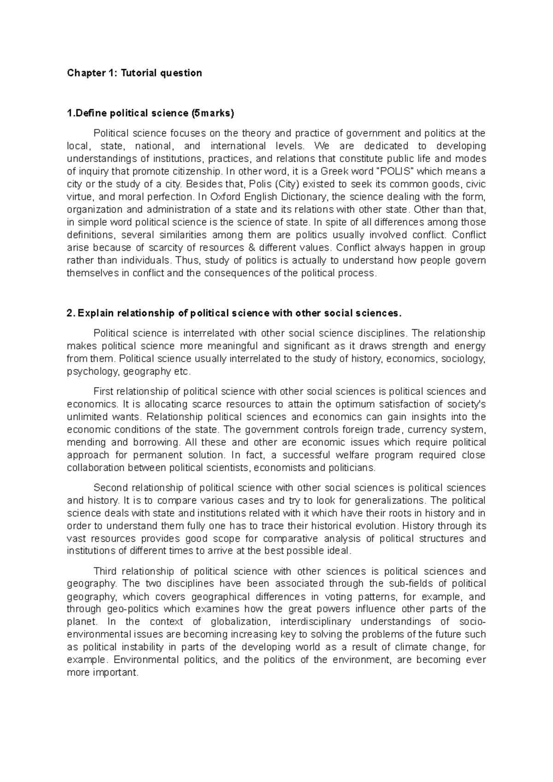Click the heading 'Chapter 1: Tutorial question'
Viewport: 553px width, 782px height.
134,73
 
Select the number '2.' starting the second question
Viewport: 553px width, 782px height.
71,314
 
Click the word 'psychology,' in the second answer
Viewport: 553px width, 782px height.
87,372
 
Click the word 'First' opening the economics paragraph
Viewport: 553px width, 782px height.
103,391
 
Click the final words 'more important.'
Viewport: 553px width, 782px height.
102,672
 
